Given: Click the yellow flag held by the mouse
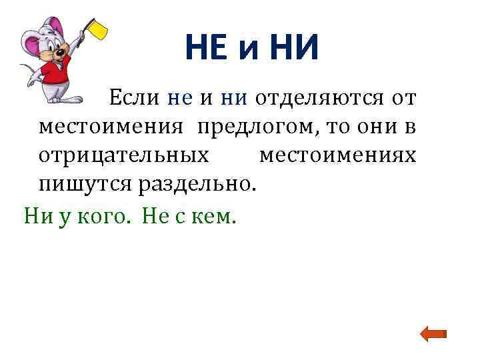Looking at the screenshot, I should click(99, 28).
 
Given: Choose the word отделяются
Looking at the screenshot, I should click(320, 99).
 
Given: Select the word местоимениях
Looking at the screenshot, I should click(337, 155).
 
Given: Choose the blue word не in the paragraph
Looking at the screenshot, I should click(180, 99).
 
